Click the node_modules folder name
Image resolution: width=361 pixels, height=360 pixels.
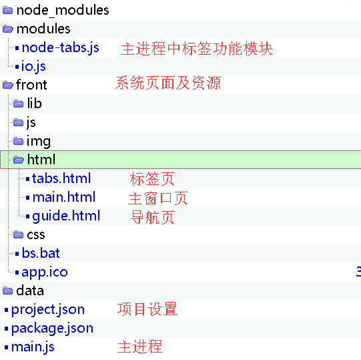pyautogui.click(x=63, y=11)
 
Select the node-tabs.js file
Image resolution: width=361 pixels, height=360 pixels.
pyautogui.click(x=60, y=48)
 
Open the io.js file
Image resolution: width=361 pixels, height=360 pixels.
pyautogui.click(x=33, y=66)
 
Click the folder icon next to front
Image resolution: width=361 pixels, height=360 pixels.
pyautogui.click(x=8, y=85)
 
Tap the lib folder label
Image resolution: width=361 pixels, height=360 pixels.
pyautogui.click(x=35, y=103)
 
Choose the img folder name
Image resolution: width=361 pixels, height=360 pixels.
pyautogui.click(x=39, y=142)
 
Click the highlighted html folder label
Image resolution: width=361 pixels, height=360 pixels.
pyautogui.click(x=41, y=159)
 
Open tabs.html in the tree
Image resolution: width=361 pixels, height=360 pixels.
pyautogui.click(x=61, y=178)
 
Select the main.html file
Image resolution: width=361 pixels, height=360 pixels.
pyautogui.click(x=64, y=197)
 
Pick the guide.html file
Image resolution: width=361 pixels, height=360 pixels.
pyautogui.click(x=66, y=216)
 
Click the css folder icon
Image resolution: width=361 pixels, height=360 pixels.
pyautogui.click(x=18, y=234)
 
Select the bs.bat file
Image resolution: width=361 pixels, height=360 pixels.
pyautogui.click(x=41, y=253)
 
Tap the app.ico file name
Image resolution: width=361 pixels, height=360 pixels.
pyautogui.click(x=45, y=273)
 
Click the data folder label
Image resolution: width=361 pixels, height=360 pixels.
pyautogui.click(x=30, y=291)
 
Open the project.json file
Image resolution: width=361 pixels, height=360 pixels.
pyautogui.click(x=48, y=310)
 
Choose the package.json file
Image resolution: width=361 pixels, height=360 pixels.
pyautogui.click(x=53, y=329)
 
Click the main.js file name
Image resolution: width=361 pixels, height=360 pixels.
pyautogui.click(x=33, y=347)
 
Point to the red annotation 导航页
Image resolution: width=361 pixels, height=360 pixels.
pyautogui.click(x=152, y=217)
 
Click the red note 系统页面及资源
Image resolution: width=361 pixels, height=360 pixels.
pyautogui.click(x=168, y=83)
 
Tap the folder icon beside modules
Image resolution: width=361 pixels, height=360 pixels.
pyautogui.click(x=8, y=29)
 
